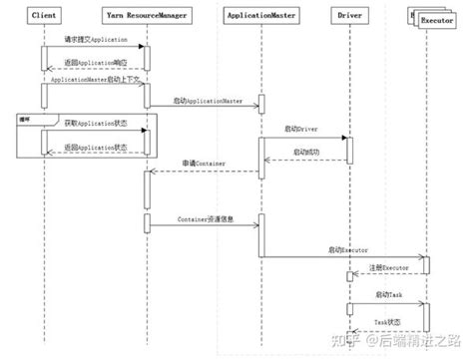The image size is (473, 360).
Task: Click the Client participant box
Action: [44, 17]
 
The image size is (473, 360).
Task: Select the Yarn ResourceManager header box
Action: [146, 17]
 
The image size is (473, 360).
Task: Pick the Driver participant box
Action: [349, 17]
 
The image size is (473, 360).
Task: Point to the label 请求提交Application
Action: [95, 39]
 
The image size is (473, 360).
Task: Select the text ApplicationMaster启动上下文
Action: [95, 77]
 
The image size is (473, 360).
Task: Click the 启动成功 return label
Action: [305, 152]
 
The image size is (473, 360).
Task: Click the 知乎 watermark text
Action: [351, 340]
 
